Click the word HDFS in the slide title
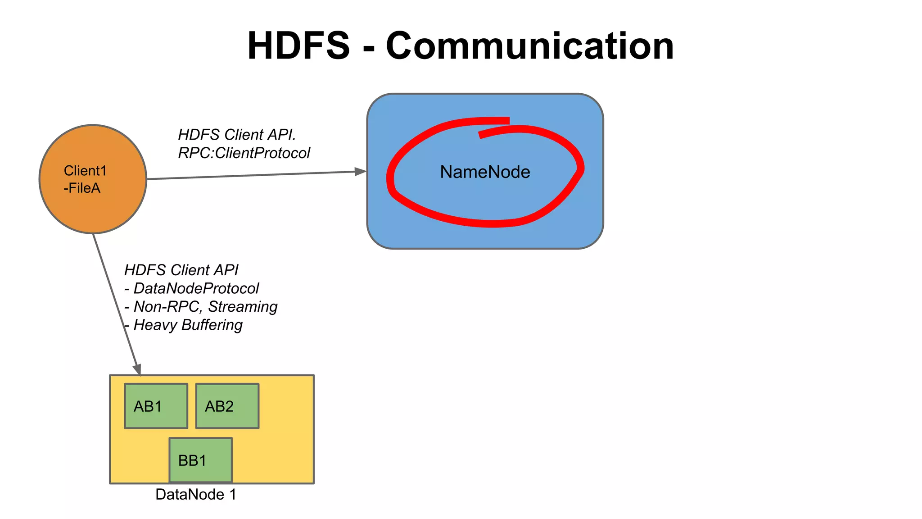[298, 46]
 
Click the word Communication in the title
[530, 46]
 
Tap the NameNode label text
[485, 172]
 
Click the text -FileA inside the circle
[82, 188]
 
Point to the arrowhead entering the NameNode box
[361, 171]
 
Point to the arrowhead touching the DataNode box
[137, 369]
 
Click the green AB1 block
[156, 406]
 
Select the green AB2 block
[227, 406]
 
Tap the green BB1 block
[200, 460]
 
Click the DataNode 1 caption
[195, 494]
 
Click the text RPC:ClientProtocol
[244, 153]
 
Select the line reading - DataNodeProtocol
[192, 288]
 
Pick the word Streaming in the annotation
[243, 306]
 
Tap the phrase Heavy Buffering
[188, 325]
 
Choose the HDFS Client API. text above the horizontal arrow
[237, 135]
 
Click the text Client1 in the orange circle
[85, 171]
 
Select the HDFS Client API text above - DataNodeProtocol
[181, 270]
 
